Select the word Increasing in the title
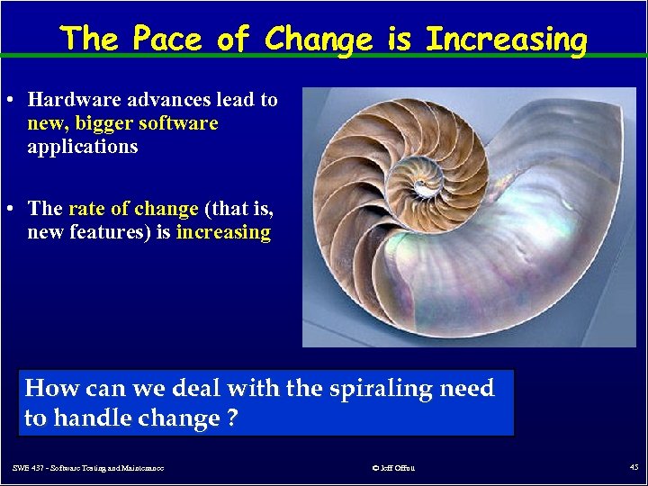pos(506,40)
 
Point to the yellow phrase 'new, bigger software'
pos(122,123)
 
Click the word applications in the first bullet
pos(83,147)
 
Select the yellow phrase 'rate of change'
pos(133,209)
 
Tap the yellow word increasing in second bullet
pos(223,232)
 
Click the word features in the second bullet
pos(111,232)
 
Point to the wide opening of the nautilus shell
pos(558,270)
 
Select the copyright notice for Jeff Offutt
pos(392,467)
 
